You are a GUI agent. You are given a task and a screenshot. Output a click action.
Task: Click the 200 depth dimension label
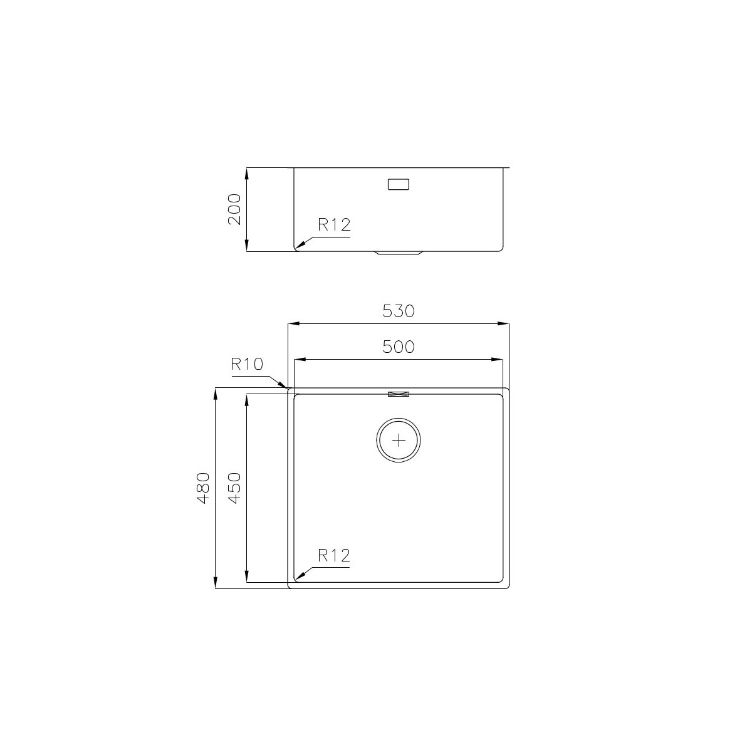[x=234, y=209]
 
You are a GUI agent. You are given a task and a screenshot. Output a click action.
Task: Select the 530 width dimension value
[x=398, y=311]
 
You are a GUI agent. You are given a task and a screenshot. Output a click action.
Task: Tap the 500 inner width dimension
[x=398, y=347]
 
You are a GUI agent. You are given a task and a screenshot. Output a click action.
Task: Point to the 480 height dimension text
[x=203, y=488]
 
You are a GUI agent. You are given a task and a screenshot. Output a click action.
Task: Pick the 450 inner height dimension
[x=234, y=488]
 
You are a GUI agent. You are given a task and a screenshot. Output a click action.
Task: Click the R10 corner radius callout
[x=247, y=364]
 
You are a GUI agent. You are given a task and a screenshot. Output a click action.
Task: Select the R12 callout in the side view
[x=334, y=225]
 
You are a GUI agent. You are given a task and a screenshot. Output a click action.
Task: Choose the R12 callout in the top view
[x=334, y=555]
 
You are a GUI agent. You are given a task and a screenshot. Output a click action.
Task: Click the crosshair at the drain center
[x=399, y=440]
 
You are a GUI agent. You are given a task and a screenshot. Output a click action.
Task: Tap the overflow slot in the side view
[x=399, y=184]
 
